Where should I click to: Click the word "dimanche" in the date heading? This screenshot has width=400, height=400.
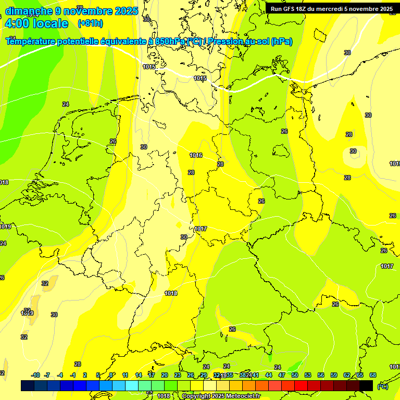(x=29, y=11)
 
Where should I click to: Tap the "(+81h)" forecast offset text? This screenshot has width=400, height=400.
(x=90, y=23)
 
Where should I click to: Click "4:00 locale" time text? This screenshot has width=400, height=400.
(x=36, y=23)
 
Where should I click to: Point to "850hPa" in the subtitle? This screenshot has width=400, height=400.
(x=170, y=42)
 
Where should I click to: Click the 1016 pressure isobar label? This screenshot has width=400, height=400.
(x=196, y=155)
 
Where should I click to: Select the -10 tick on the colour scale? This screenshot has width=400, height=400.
(x=35, y=375)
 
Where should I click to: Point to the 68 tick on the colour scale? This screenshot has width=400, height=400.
(x=373, y=375)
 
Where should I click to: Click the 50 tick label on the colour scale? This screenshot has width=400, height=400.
(x=295, y=375)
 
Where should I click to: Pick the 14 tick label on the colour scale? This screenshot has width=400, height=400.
(x=139, y=375)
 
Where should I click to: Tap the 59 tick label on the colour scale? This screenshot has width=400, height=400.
(x=334, y=375)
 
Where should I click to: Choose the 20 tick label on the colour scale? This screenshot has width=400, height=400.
(x=165, y=375)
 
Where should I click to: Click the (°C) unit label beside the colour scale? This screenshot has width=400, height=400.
(x=382, y=386)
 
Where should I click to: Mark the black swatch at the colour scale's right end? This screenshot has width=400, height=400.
(x=366, y=385)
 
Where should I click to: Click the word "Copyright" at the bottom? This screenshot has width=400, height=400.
(x=196, y=396)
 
